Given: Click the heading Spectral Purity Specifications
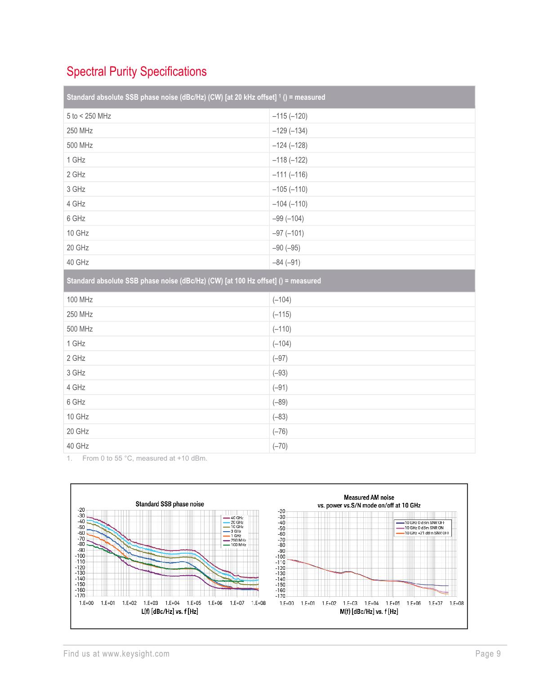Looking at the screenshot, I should click(x=136, y=71).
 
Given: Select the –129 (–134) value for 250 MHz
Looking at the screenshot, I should click(x=290, y=131).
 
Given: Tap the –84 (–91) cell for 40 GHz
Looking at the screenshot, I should click(x=286, y=262).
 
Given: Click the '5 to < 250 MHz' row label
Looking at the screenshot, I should click(x=89, y=116).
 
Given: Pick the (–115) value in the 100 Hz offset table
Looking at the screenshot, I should click(x=282, y=314).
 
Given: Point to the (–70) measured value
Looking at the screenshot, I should click(x=280, y=446).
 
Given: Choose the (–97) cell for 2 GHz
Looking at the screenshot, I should click(x=280, y=358).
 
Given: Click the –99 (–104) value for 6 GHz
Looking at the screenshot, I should click(x=288, y=218).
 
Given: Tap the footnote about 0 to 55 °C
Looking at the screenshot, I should click(x=144, y=458).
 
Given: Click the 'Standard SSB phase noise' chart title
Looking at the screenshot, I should click(x=169, y=504).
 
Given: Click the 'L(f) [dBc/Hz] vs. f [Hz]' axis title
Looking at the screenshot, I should click(x=169, y=612).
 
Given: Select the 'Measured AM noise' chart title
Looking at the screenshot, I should click(x=369, y=497).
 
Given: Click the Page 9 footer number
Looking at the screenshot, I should click(x=488, y=654).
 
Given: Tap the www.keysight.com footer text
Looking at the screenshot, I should click(x=136, y=654).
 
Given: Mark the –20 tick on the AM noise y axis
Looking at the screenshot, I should click(x=281, y=511).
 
